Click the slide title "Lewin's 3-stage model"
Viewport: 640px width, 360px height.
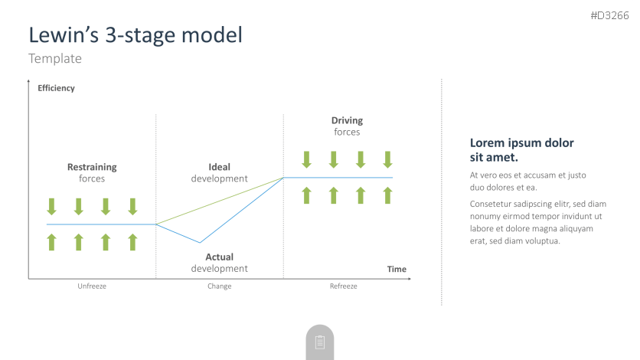pos(136,34)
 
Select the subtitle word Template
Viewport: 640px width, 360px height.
pos(55,58)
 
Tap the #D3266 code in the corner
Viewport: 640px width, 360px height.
pos(610,15)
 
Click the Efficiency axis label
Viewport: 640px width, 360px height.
pos(57,88)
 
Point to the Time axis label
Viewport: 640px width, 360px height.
pos(397,269)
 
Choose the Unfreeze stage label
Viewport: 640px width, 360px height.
pos(92,286)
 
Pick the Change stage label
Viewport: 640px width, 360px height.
pos(219,286)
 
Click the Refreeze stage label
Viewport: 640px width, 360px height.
pos(343,286)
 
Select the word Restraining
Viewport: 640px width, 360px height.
pos(92,167)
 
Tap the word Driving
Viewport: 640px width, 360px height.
pos(347,120)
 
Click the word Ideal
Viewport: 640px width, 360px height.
pos(219,167)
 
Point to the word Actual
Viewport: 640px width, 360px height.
pos(219,257)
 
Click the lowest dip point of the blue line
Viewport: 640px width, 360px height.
pos(200,243)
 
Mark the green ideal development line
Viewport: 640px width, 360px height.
pos(220,201)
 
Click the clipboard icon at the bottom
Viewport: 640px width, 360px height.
pos(320,342)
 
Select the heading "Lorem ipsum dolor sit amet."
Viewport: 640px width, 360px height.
pos(521,150)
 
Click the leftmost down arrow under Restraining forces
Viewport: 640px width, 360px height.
pos(51,207)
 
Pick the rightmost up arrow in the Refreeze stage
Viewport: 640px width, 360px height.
pos(388,195)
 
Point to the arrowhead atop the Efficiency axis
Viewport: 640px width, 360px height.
pos(28,81)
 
